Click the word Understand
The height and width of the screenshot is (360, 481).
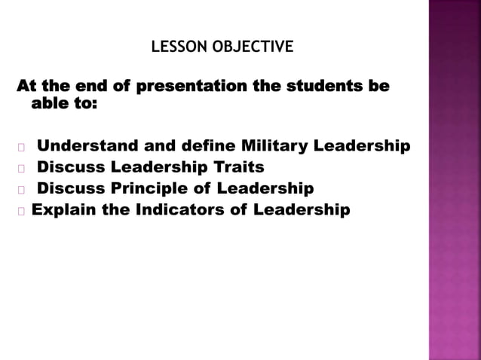[84, 145]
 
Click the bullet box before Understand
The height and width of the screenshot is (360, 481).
[21, 146]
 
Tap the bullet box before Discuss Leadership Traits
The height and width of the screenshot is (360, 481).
[21, 167]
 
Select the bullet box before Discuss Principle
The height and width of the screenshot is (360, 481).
[21, 189]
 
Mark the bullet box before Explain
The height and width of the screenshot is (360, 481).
[21, 210]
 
